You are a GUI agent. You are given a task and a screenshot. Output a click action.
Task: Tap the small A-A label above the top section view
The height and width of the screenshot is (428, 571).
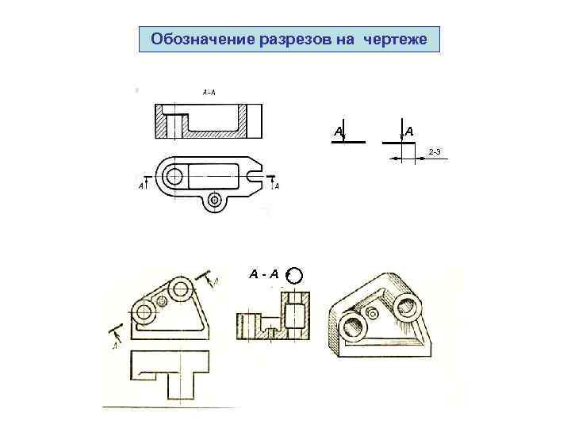pyautogui.click(x=209, y=92)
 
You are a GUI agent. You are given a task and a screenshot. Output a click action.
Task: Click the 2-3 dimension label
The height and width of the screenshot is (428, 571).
pyautogui.click(x=435, y=151)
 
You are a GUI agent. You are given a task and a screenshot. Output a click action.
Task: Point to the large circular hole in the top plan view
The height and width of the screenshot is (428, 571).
pyautogui.click(x=174, y=174)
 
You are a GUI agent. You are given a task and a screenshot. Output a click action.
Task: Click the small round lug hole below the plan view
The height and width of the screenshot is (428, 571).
pyautogui.click(x=213, y=201)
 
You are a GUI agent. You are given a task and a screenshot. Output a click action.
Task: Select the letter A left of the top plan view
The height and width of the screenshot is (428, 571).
pyautogui.click(x=141, y=186)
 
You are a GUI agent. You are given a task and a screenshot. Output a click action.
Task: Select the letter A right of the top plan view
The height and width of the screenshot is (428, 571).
pyautogui.click(x=276, y=186)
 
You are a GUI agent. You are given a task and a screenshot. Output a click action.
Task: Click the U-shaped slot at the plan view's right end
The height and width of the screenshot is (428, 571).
pyautogui.click(x=254, y=173)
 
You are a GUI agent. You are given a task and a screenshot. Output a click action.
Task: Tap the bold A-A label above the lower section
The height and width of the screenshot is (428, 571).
pyautogui.click(x=264, y=274)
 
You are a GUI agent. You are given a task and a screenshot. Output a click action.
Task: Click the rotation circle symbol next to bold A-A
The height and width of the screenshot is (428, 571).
pyautogui.click(x=294, y=275)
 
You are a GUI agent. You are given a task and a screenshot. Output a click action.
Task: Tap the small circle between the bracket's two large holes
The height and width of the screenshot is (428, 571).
pyautogui.click(x=163, y=300)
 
